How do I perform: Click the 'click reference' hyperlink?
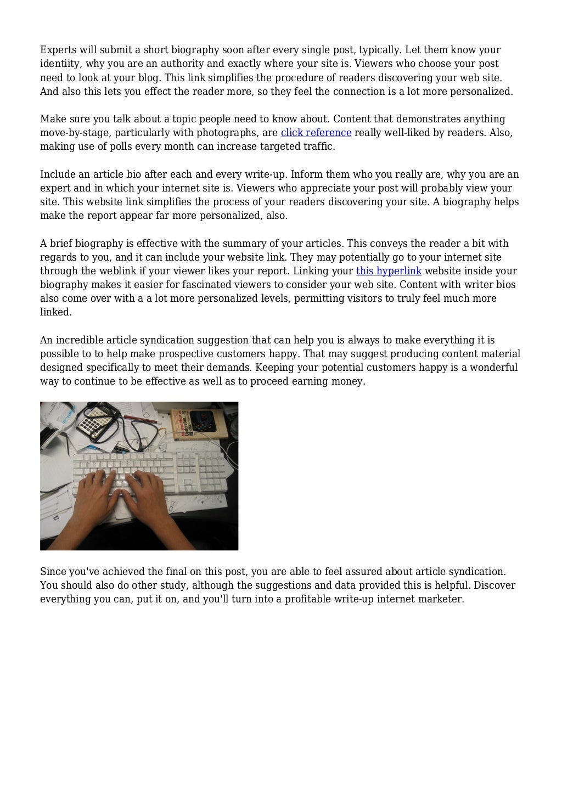point(316,133)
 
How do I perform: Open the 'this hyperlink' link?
point(389,271)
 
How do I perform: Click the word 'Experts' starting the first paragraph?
point(58,50)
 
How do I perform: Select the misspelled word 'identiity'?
point(60,64)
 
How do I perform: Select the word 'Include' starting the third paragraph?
point(58,174)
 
